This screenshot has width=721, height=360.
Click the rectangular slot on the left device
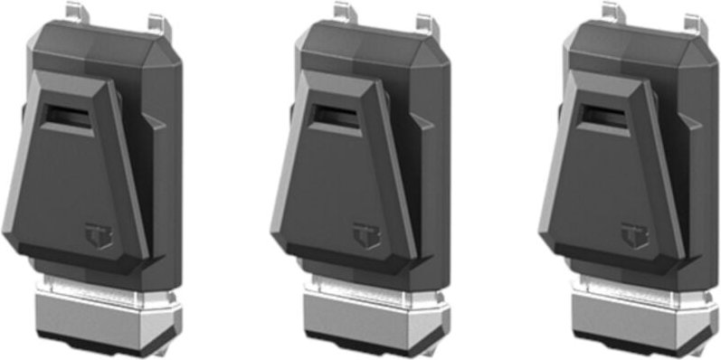tap(68, 115)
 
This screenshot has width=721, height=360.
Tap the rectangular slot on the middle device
tap(337, 114)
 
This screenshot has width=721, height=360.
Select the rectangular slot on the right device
tap(604, 115)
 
